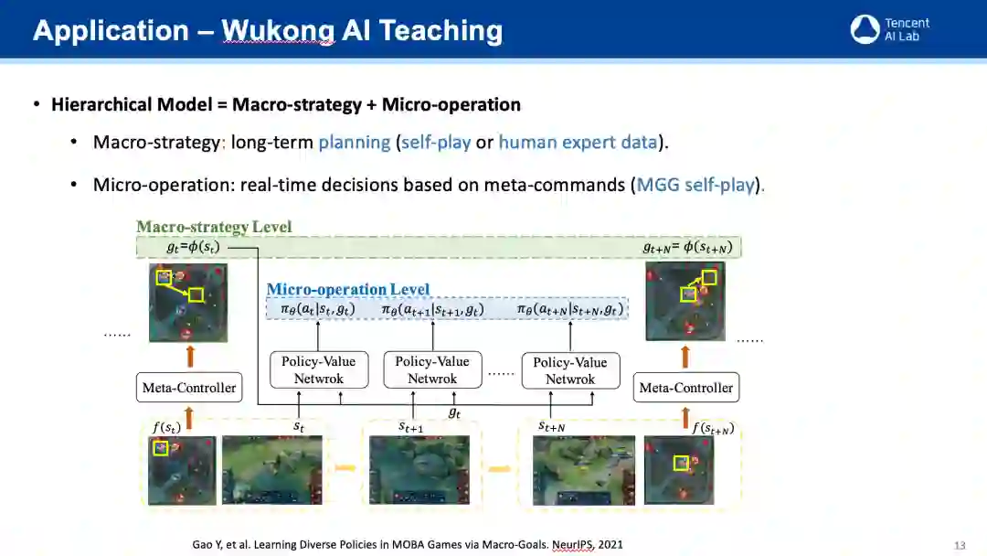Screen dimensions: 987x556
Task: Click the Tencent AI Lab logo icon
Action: [865, 29]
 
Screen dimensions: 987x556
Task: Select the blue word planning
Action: [355, 143]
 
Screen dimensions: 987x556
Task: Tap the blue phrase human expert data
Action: [578, 143]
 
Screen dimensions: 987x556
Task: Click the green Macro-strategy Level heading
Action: [214, 227]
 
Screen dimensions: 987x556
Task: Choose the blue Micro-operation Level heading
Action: [347, 290]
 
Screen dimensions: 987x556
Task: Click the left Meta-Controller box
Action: [189, 388]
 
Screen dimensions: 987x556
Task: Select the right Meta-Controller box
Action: [686, 388]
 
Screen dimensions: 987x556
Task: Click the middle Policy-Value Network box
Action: [432, 370]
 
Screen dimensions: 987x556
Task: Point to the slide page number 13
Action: [960, 545]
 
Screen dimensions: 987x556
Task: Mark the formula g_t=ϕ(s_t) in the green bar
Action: [193, 247]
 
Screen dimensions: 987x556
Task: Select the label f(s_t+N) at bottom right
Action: [712, 429]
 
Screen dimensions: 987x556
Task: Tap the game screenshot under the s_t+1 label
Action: [419, 469]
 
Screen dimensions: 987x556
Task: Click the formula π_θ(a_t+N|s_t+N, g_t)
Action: [570, 309]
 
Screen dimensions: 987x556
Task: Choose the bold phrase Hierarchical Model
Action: [131, 104]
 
